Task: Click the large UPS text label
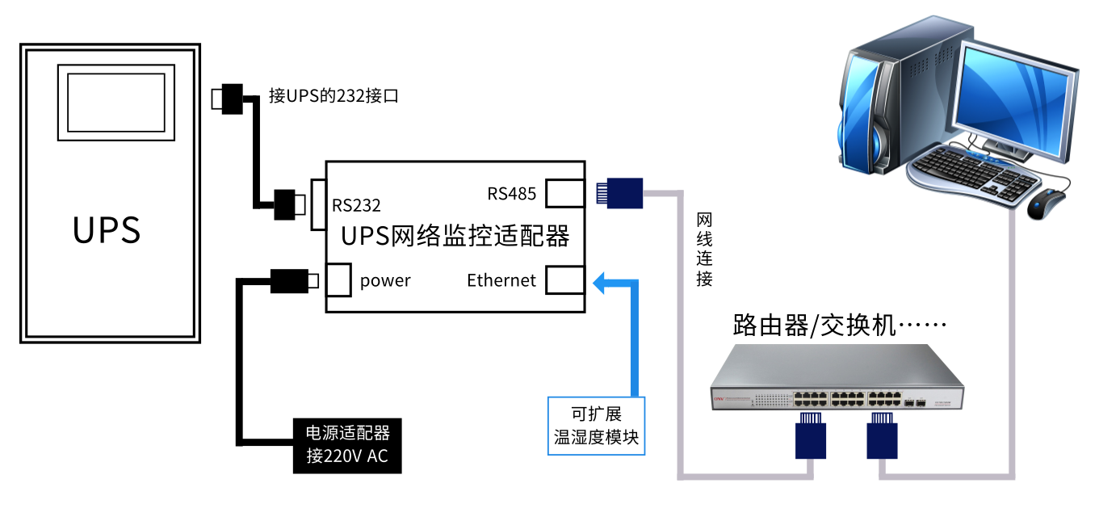point(107,229)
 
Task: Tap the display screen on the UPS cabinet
point(115,102)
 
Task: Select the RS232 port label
point(356,205)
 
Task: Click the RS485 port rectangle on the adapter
point(564,194)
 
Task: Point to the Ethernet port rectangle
point(564,280)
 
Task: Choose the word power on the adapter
point(385,280)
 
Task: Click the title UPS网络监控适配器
point(455,236)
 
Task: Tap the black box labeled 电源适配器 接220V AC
point(347,445)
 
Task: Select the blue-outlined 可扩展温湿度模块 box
point(597,426)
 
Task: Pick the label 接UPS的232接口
point(333,96)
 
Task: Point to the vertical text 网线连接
point(704,250)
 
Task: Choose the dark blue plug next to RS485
point(620,194)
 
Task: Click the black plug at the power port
point(287,280)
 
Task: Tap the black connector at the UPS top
point(232,98)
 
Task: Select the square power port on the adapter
point(338,279)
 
